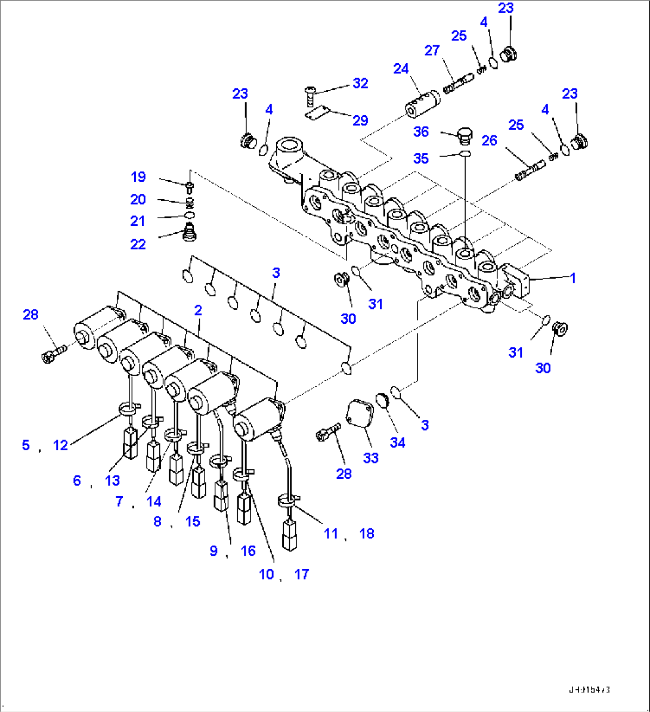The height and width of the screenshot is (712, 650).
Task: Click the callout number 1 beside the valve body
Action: [573, 278]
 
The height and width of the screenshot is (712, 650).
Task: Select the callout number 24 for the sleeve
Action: [401, 69]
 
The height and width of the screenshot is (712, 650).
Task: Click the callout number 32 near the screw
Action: [360, 83]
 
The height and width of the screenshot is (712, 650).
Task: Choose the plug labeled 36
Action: [464, 135]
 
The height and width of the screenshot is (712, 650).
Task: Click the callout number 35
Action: [421, 159]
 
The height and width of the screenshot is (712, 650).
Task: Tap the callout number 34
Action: [397, 442]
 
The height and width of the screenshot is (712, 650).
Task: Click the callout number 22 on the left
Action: [138, 244]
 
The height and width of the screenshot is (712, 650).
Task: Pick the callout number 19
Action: [138, 177]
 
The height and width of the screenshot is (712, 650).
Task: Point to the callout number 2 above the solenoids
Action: [198, 309]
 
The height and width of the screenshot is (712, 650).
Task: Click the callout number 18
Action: [367, 534]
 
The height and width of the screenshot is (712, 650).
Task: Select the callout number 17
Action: [302, 574]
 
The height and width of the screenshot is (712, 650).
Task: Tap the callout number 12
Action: [60, 445]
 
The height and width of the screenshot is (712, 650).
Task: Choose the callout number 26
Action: [489, 141]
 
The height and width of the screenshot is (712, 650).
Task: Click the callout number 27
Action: [432, 51]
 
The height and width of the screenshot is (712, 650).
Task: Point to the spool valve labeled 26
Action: [528, 169]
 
